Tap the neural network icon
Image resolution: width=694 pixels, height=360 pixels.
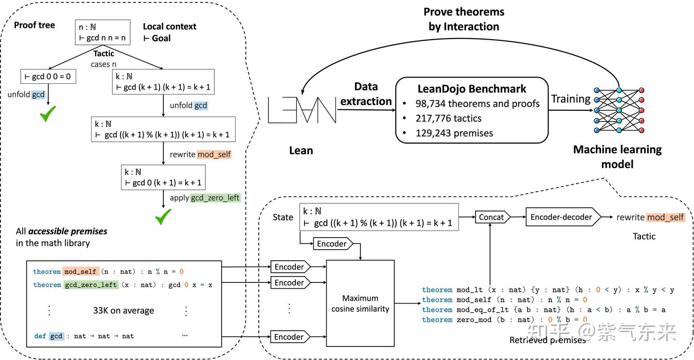pos(619,111)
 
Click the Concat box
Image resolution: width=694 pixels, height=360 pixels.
pos(491,217)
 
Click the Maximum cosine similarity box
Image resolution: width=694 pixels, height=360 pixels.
pos(360,304)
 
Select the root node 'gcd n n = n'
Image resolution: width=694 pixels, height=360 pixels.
pos(103,32)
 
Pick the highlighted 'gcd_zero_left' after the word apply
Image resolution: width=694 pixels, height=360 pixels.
pos(215,198)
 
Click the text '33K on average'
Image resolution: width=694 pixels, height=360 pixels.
pos(123,310)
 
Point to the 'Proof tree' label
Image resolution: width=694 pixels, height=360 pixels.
pos(34,25)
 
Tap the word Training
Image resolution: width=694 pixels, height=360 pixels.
pos(571,99)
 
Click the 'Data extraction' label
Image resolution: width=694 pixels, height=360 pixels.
pos(366,94)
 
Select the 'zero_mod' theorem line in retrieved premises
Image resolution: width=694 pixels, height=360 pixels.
pos(504,320)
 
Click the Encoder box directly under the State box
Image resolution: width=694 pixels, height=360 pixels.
pos(333,243)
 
